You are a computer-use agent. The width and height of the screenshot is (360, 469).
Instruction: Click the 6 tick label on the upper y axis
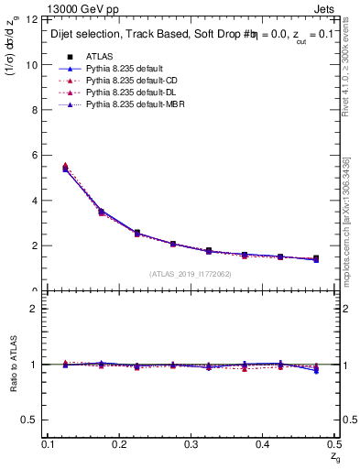(36, 156)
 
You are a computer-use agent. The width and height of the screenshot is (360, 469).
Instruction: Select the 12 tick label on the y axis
(33, 20)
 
